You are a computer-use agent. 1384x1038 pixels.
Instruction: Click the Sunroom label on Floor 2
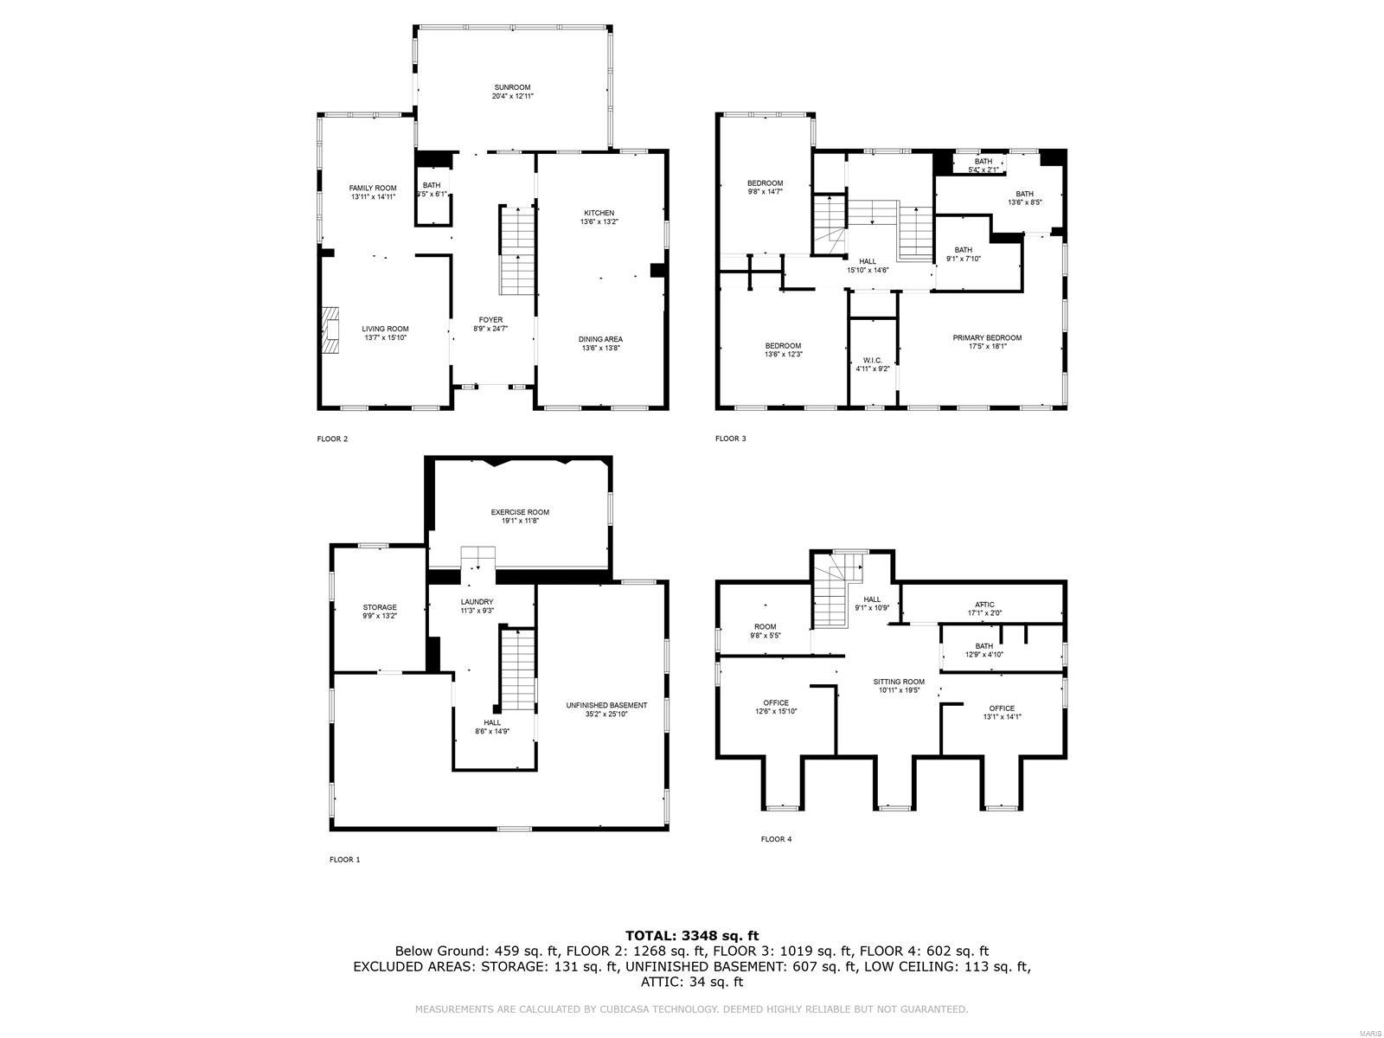[512, 87]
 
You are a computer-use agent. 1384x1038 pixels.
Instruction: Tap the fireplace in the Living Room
[330, 330]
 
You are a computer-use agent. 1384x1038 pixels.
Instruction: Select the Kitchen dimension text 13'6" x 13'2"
[599, 222]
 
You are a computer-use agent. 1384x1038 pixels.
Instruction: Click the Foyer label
[490, 320]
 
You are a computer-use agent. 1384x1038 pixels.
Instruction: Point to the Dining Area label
[600, 339]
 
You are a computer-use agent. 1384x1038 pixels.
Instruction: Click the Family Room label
[373, 188]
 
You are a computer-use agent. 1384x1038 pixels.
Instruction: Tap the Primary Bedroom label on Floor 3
[987, 337]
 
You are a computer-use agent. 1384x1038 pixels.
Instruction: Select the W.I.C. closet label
[872, 360]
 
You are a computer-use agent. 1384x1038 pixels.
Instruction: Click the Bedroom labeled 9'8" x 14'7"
[765, 183]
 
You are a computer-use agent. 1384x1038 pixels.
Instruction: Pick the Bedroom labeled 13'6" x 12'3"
[783, 345]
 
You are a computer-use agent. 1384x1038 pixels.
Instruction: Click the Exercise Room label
[520, 512]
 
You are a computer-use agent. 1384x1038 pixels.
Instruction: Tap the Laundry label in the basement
[477, 602]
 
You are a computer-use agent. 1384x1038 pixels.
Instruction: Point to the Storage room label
[380, 607]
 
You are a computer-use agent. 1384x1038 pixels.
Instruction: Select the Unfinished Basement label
[606, 705]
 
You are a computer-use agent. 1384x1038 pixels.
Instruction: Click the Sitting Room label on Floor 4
[899, 682]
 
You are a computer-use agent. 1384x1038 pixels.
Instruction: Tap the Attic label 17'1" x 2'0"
[984, 605]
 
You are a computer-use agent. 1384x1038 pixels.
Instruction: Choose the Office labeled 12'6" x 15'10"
[776, 702]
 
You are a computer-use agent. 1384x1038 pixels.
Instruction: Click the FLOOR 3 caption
[730, 439]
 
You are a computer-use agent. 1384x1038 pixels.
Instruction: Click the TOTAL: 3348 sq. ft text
[691, 935]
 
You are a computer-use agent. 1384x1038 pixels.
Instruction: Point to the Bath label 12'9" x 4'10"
[984, 646]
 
